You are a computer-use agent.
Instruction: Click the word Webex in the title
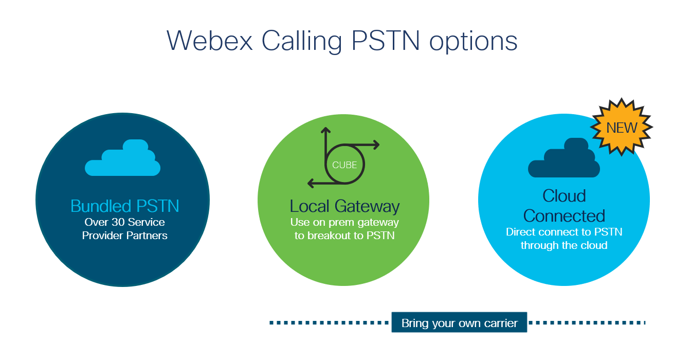[x=210, y=41]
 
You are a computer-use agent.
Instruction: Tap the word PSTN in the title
[x=386, y=41]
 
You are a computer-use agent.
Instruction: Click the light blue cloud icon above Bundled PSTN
[x=123, y=158]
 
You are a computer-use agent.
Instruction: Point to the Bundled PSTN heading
[x=124, y=206]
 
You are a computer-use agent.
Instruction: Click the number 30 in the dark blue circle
[x=118, y=222]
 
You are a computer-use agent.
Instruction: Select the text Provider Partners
[x=124, y=236]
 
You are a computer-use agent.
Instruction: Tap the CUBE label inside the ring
[x=344, y=165]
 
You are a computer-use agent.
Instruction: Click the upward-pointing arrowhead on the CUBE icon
[x=325, y=131]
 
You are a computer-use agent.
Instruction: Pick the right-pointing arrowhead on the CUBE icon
[x=376, y=145]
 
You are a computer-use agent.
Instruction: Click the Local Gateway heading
[x=344, y=206]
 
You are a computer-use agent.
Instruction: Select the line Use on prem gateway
[x=344, y=223]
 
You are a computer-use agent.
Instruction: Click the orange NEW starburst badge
[x=622, y=127]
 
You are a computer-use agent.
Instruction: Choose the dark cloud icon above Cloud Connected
[x=564, y=158]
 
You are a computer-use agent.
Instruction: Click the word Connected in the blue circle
[x=564, y=215]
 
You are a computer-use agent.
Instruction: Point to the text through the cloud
[x=564, y=245]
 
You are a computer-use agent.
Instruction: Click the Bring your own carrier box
[x=459, y=322]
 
